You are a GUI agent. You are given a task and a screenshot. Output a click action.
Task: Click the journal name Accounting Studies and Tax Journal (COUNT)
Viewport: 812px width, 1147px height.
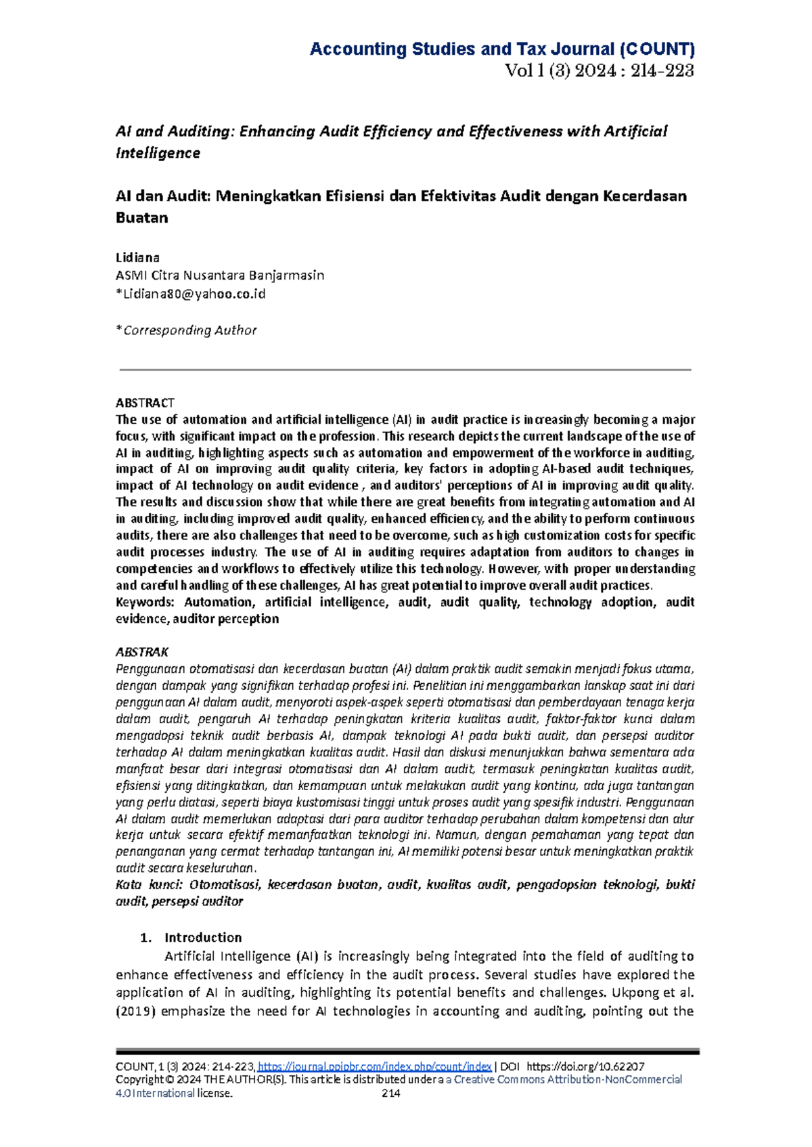pyautogui.click(x=502, y=49)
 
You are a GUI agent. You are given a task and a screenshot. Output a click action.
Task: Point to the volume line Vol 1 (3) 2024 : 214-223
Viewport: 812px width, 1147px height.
pyautogui.click(x=600, y=70)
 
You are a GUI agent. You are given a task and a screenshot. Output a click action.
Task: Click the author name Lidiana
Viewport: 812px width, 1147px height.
pyautogui.click(x=137, y=257)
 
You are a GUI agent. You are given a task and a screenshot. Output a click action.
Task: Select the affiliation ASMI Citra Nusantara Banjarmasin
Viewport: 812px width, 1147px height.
pyautogui.click(x=220, y=276)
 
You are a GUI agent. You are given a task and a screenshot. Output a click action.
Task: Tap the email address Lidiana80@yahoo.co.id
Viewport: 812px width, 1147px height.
pyautogui.click(x=193, y=294)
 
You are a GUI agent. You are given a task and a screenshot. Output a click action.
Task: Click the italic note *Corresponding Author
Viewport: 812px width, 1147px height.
pyautogui.click(x=187, y=330)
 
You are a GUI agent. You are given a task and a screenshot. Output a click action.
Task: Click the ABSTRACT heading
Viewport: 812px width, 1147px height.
pyautogui.click(x=145, y=403)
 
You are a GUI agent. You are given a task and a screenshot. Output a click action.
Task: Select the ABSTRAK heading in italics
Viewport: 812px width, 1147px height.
pyautogui.click(x=141, y=652)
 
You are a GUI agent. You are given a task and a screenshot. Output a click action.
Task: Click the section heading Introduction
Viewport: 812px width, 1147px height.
pyautogui.click(x=203, y=937)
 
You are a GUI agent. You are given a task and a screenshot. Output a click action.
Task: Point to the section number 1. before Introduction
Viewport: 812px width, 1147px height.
pyautogui.click(x=145, y=937)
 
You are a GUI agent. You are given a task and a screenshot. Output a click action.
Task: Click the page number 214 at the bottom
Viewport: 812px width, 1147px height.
pyautogui.click(x=391, y=1093)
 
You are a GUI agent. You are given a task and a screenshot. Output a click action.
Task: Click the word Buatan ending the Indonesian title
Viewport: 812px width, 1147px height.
pyautogui.click(x=141, y=218)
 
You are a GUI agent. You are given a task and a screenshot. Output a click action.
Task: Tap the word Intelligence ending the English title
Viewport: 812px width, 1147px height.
pyautogui.click(x=158, y=153)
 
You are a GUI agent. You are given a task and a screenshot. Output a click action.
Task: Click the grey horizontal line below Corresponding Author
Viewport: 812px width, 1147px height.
pyautogui.click(x=405, y=370)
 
